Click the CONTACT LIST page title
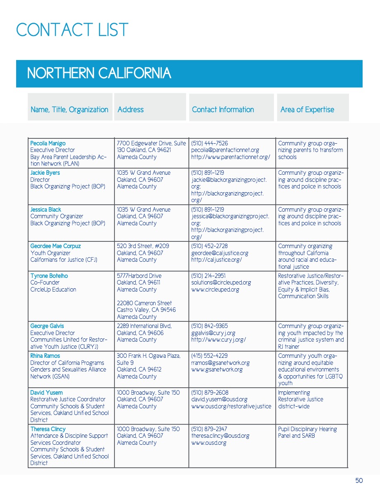click(x=72, y=30)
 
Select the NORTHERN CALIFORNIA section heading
click(x=99, y=73)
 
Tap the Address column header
click(x=130, y=110)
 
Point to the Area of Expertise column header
click(x=307, y=110)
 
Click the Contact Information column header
click(x=223, y=110)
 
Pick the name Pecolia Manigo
click(x=48, y=143)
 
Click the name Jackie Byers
click(x=45, y=173)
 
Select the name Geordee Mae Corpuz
click(x=55, y=246)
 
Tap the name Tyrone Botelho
click(x=49, y=276)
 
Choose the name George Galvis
click(x=47, y=326)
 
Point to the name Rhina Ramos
click(x=45, y=356)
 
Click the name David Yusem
click(x=46, y=393)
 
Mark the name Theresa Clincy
click(x=48, y=429)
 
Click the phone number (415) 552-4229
click(x=209, y=356)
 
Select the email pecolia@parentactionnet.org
click(x=225, y=150)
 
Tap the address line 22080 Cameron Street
click(x=144, y=303)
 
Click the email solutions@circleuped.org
click(x=221, y=282)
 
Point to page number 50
click(x=359, y=480)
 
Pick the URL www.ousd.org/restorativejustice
click(x=231, y=406)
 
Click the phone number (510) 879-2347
click(x=209, y=429)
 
